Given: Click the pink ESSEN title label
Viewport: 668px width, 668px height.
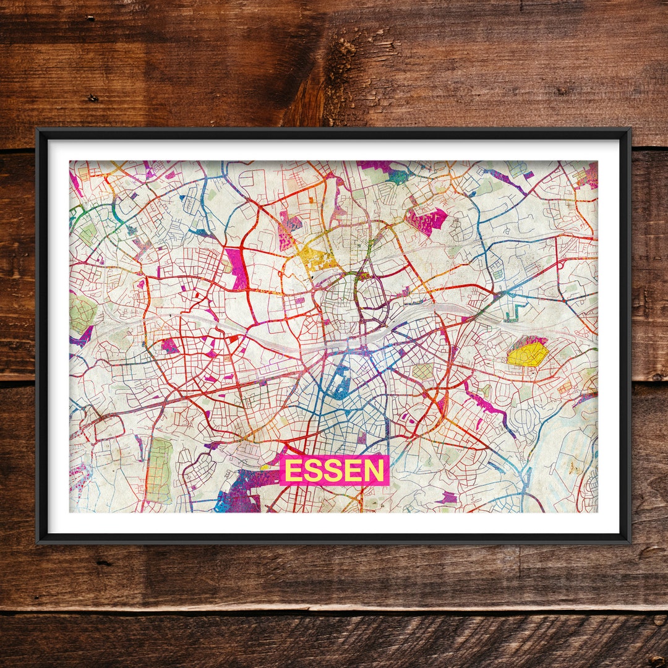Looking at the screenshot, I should tap(335, 471).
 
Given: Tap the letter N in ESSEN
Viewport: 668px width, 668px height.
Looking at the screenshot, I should tap(374, 471).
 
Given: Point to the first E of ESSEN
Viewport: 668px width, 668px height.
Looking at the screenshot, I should tap(293, 471).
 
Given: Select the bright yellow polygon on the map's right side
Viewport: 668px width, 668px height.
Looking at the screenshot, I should tap(528, 354).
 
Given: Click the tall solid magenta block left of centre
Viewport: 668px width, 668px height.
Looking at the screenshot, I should tap(236, 268).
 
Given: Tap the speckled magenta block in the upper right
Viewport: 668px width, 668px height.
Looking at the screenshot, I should tap(427, 220).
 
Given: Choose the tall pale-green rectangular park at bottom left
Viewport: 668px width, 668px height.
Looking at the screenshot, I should tap(160, 470).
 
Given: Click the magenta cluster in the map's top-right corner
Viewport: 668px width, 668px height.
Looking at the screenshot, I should tap(588, 176).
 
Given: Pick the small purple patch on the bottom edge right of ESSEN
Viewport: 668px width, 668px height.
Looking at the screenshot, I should tap(448, 497).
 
